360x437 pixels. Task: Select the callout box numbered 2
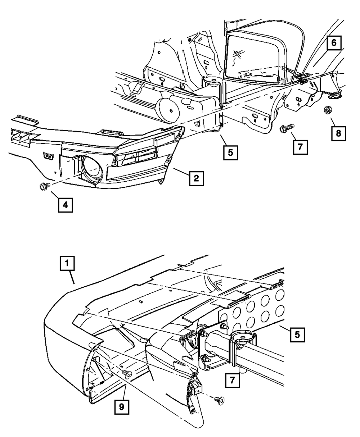pos(196,178)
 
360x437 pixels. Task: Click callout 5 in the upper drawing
pos(230,153)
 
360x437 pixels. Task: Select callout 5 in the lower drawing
pos(297,334)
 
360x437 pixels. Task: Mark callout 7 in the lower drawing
pos(233,380)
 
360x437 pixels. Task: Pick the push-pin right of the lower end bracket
pos(219,399)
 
